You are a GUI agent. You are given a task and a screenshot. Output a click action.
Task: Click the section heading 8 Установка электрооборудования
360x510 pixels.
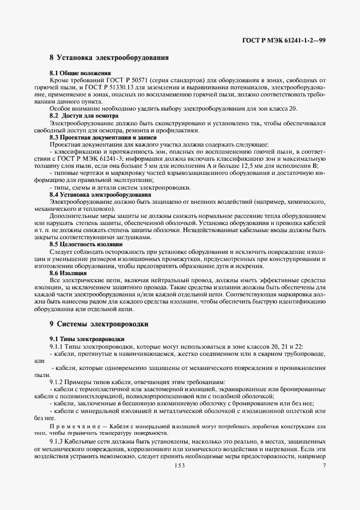(109, 57)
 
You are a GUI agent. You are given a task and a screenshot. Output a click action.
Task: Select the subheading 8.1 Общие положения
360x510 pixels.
(80, 73)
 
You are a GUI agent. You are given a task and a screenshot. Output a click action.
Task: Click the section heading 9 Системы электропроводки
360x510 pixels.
(99, 324)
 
